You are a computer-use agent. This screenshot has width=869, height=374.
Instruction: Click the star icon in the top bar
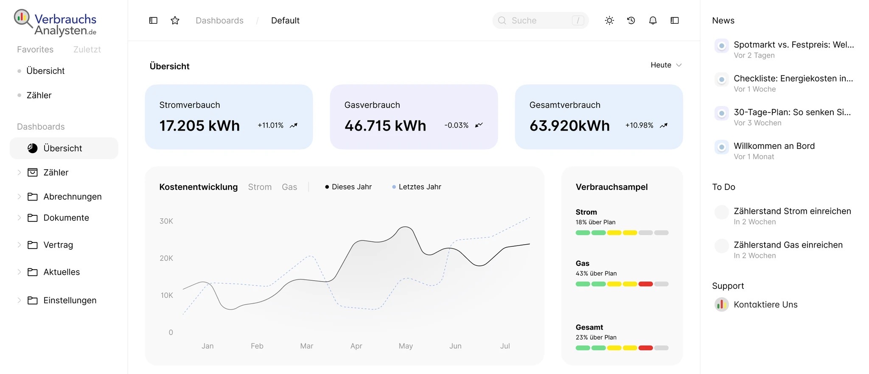(x=175, y=20)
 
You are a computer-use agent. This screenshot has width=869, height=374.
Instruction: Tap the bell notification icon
(x=653, y=20)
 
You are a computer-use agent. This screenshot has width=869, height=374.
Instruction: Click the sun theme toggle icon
(x=609, y=20)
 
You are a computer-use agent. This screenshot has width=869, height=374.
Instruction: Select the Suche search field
(x=540, y=20)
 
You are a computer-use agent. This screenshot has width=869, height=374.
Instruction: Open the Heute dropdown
(x=666, y=65)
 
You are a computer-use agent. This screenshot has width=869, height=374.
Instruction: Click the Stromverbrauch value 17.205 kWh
(x=199, y=126)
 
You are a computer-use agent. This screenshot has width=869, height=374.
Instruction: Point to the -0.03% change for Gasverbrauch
(x=456, y=126)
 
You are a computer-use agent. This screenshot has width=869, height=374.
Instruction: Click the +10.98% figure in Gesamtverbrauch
(x=639, y=126)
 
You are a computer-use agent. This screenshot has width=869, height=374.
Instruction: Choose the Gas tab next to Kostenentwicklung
(x=289, y=187)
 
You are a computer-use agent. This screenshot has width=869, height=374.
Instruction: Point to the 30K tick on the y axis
(x=166, y=221)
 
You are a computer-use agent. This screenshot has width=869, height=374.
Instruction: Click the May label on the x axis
(x=406, y=346)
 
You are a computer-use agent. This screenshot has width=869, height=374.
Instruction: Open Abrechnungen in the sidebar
(x=72, y=197)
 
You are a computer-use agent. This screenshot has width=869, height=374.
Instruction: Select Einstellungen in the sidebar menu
(x=70, y=300)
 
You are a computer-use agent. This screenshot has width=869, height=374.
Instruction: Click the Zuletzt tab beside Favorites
(x=87, y=50)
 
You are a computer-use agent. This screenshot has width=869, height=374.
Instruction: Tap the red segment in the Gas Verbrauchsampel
(x=645, y=284)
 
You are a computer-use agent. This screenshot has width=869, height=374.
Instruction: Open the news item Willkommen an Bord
(x=774, y=146)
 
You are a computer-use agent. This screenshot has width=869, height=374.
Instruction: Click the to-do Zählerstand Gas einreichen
(x=788, y=245)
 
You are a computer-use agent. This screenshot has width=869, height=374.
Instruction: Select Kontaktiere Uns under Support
(x=765, y=304)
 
